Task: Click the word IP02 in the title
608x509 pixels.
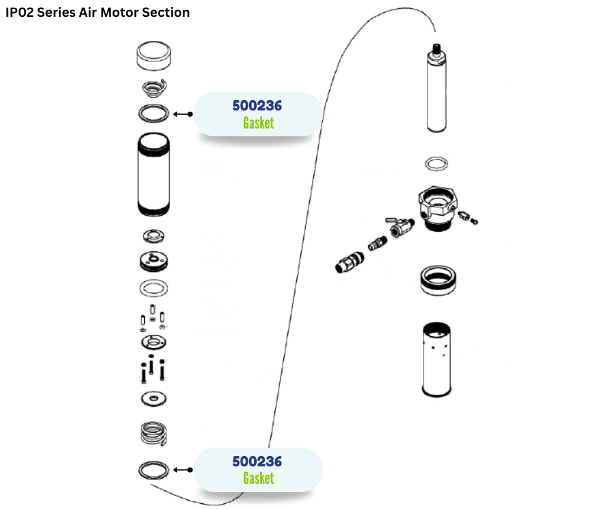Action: click(x=19, y=12)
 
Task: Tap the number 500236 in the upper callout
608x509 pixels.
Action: click(x=257, y=105)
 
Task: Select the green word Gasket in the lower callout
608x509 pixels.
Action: click(x=258, y=478)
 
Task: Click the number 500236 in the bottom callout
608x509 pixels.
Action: click(x=257, y=461)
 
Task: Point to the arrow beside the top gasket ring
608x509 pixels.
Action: click(x=182, y=114)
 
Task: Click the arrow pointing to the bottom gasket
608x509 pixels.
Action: click(x=182, y=470)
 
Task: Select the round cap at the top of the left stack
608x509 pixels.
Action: click(x=154, y=56)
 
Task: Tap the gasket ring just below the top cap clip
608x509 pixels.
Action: click(x=154, y=114)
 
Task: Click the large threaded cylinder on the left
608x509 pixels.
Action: click(x=154, y=174)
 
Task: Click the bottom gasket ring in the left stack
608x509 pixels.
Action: click(x=154, y=470)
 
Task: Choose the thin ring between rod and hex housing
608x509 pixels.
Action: click(x=438, y=163)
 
